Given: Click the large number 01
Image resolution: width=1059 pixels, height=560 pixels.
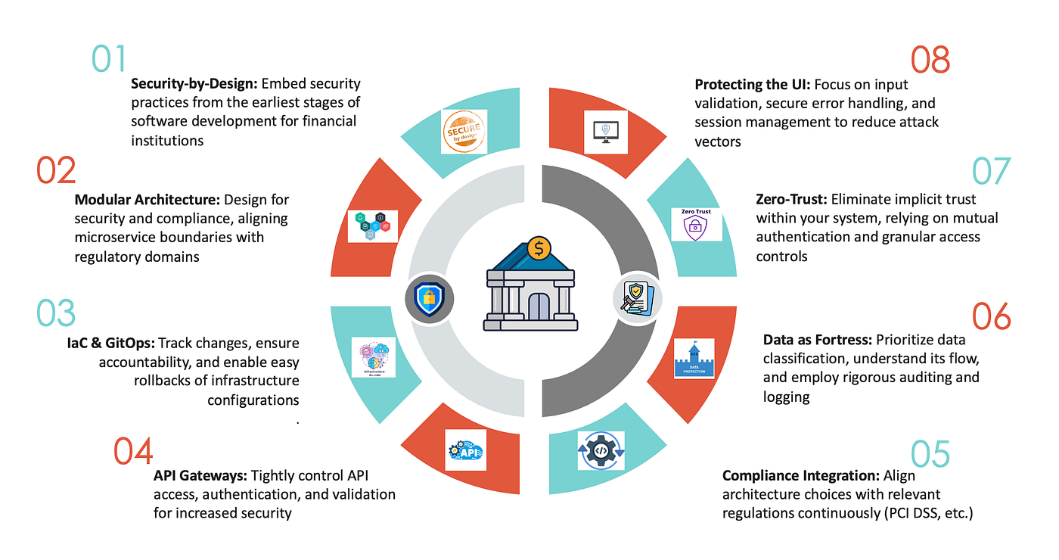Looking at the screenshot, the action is point(108,59).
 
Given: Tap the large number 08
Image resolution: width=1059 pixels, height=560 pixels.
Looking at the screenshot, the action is point(930,61).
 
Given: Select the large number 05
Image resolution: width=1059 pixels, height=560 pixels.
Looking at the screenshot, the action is point(930,454).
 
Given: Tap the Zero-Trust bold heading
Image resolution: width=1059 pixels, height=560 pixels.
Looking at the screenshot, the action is point(791,200).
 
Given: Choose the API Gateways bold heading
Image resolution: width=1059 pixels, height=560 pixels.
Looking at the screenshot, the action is point(200,476).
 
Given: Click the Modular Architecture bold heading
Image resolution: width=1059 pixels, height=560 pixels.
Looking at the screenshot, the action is point(147,201).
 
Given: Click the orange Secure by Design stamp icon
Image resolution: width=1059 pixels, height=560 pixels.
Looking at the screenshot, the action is point(464,132).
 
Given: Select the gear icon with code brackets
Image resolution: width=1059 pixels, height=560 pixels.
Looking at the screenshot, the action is point(601,450).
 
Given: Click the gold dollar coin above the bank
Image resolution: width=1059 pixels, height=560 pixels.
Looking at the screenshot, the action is point(539,247).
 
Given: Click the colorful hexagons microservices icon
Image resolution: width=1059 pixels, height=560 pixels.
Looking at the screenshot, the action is point(372,226).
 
